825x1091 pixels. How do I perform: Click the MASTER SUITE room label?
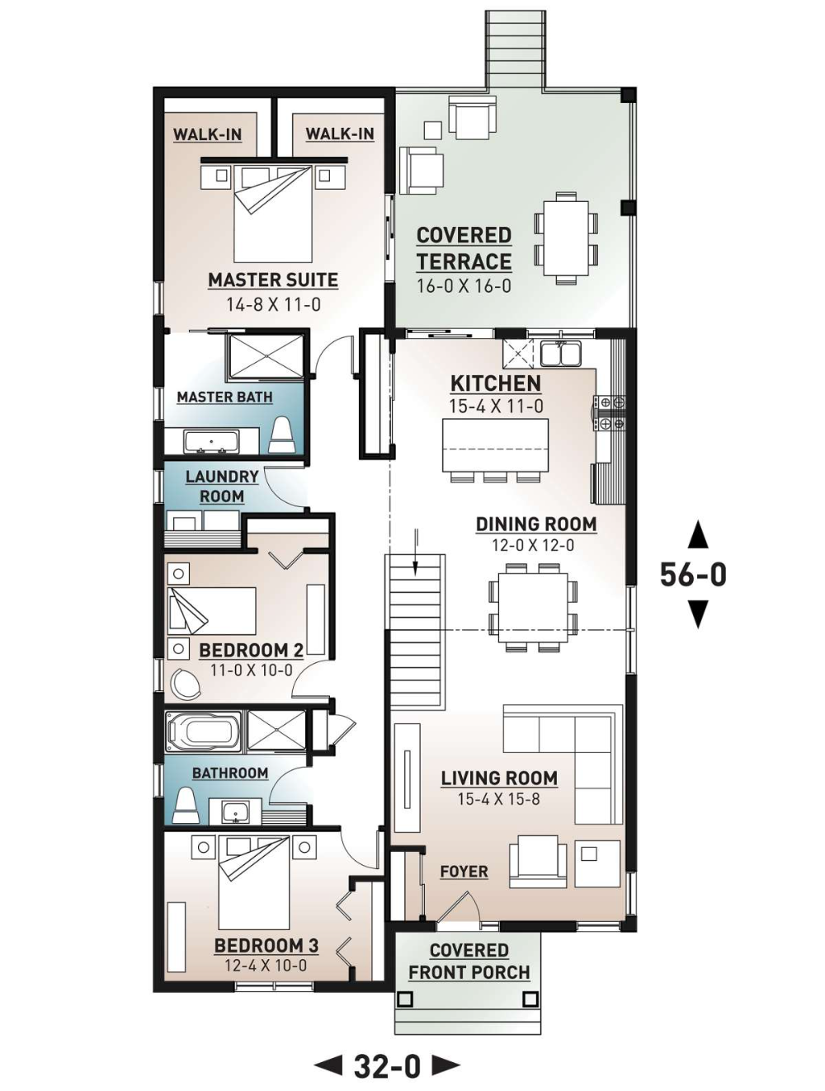click(272, 280)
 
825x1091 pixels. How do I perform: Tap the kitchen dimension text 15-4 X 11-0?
click(496, 406)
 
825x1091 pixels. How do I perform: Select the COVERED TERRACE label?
click(464, 248)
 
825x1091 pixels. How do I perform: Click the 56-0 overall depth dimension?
click(693, 575)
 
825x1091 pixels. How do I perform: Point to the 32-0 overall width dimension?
click(388, 1066)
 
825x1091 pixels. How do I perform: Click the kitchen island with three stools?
click(495, 445)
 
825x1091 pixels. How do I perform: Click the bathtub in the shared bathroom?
click(203, 731)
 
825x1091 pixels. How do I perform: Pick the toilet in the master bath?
click(282, 435)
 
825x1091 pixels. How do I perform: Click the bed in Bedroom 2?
click(211, 611)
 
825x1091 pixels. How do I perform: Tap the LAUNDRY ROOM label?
click(221, 487)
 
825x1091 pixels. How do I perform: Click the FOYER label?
click(464, 872)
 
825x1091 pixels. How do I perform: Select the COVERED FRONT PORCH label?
click(469, 962)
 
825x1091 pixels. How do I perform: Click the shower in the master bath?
click(265, 357)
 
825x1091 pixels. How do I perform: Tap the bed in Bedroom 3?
click(254, 882)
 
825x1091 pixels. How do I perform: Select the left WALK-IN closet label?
click(207, 134)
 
